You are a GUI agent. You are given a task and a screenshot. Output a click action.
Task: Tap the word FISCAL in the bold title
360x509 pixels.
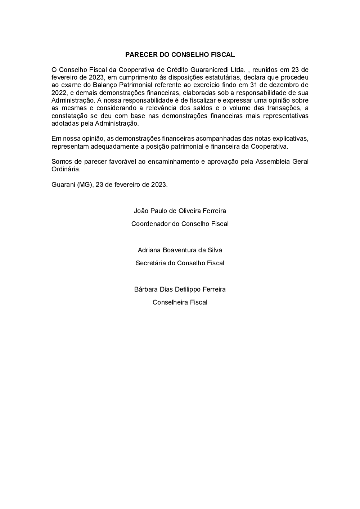[x=223, y=55]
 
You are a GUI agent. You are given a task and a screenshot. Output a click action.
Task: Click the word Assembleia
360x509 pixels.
[x=273, y=162]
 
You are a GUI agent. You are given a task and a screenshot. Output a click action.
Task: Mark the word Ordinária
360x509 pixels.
[x=66, y=169]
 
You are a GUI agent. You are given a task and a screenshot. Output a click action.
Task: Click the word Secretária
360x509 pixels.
[x=150, y=263]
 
